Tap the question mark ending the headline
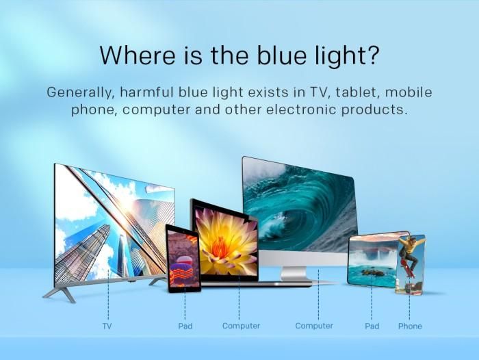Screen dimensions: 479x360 click(372, 54)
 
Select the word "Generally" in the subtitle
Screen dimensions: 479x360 click(81, 92)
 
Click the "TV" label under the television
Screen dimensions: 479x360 click(107, 326)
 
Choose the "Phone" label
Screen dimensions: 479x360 click(410, 326)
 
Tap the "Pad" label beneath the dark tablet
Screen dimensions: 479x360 click(185, 326)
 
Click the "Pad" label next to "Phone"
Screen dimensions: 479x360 click(372, 326)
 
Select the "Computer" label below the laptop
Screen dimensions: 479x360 click(241, 326)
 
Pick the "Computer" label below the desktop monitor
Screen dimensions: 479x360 click(314, 326)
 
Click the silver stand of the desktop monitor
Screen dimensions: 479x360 click(294, 274)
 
